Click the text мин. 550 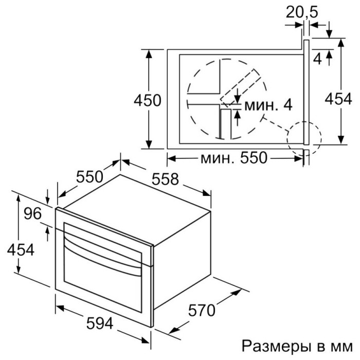232,159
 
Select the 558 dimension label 166,179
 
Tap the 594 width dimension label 99,323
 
